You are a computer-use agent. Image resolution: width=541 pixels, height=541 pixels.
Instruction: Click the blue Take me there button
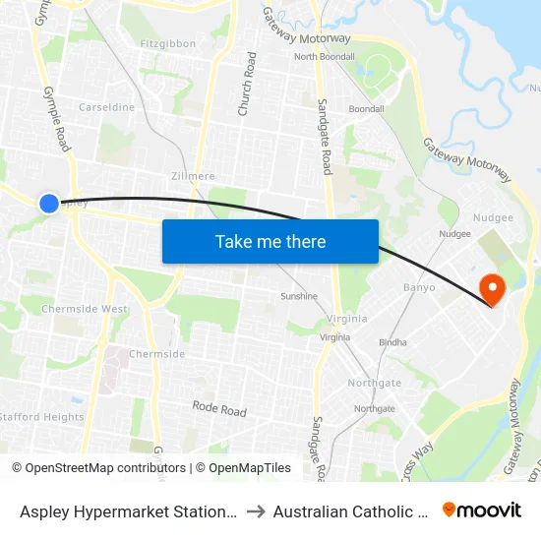click(270, 241)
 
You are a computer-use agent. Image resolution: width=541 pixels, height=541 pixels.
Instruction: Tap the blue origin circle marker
click(49, 203)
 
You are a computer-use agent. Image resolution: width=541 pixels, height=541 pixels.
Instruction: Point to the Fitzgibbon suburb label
click(167, 43)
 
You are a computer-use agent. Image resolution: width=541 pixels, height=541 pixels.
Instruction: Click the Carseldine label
click(106, 107)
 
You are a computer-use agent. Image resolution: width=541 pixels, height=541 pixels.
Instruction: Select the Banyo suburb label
click(419, 288)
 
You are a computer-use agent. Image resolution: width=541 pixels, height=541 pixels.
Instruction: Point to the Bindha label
click(392, 342)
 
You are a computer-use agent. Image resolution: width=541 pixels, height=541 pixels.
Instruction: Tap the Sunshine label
click(299, 296)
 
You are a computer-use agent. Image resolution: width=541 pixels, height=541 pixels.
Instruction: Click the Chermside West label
click(85, 309)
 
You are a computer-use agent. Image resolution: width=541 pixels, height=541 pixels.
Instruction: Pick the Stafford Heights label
click(42, 417)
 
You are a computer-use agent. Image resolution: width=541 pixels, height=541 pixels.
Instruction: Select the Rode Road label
click(219, 408)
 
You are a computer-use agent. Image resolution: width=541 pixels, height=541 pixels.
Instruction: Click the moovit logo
click(482, 510)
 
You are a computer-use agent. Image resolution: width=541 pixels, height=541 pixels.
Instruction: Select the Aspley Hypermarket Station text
click(128, 511)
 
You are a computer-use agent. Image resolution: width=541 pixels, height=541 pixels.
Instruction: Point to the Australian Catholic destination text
click(349, 511)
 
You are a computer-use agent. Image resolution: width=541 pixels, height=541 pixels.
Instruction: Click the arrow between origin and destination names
click(254, 511)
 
